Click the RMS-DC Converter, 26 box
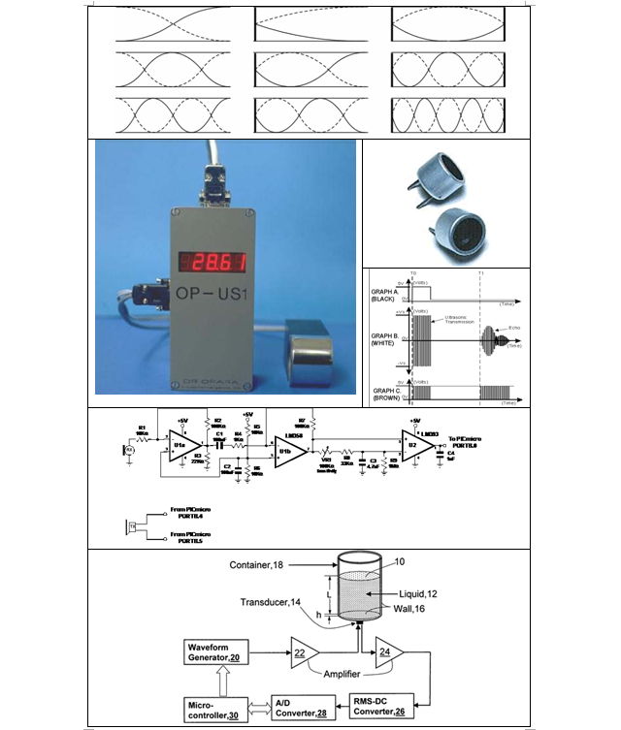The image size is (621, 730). click(383, 708)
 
